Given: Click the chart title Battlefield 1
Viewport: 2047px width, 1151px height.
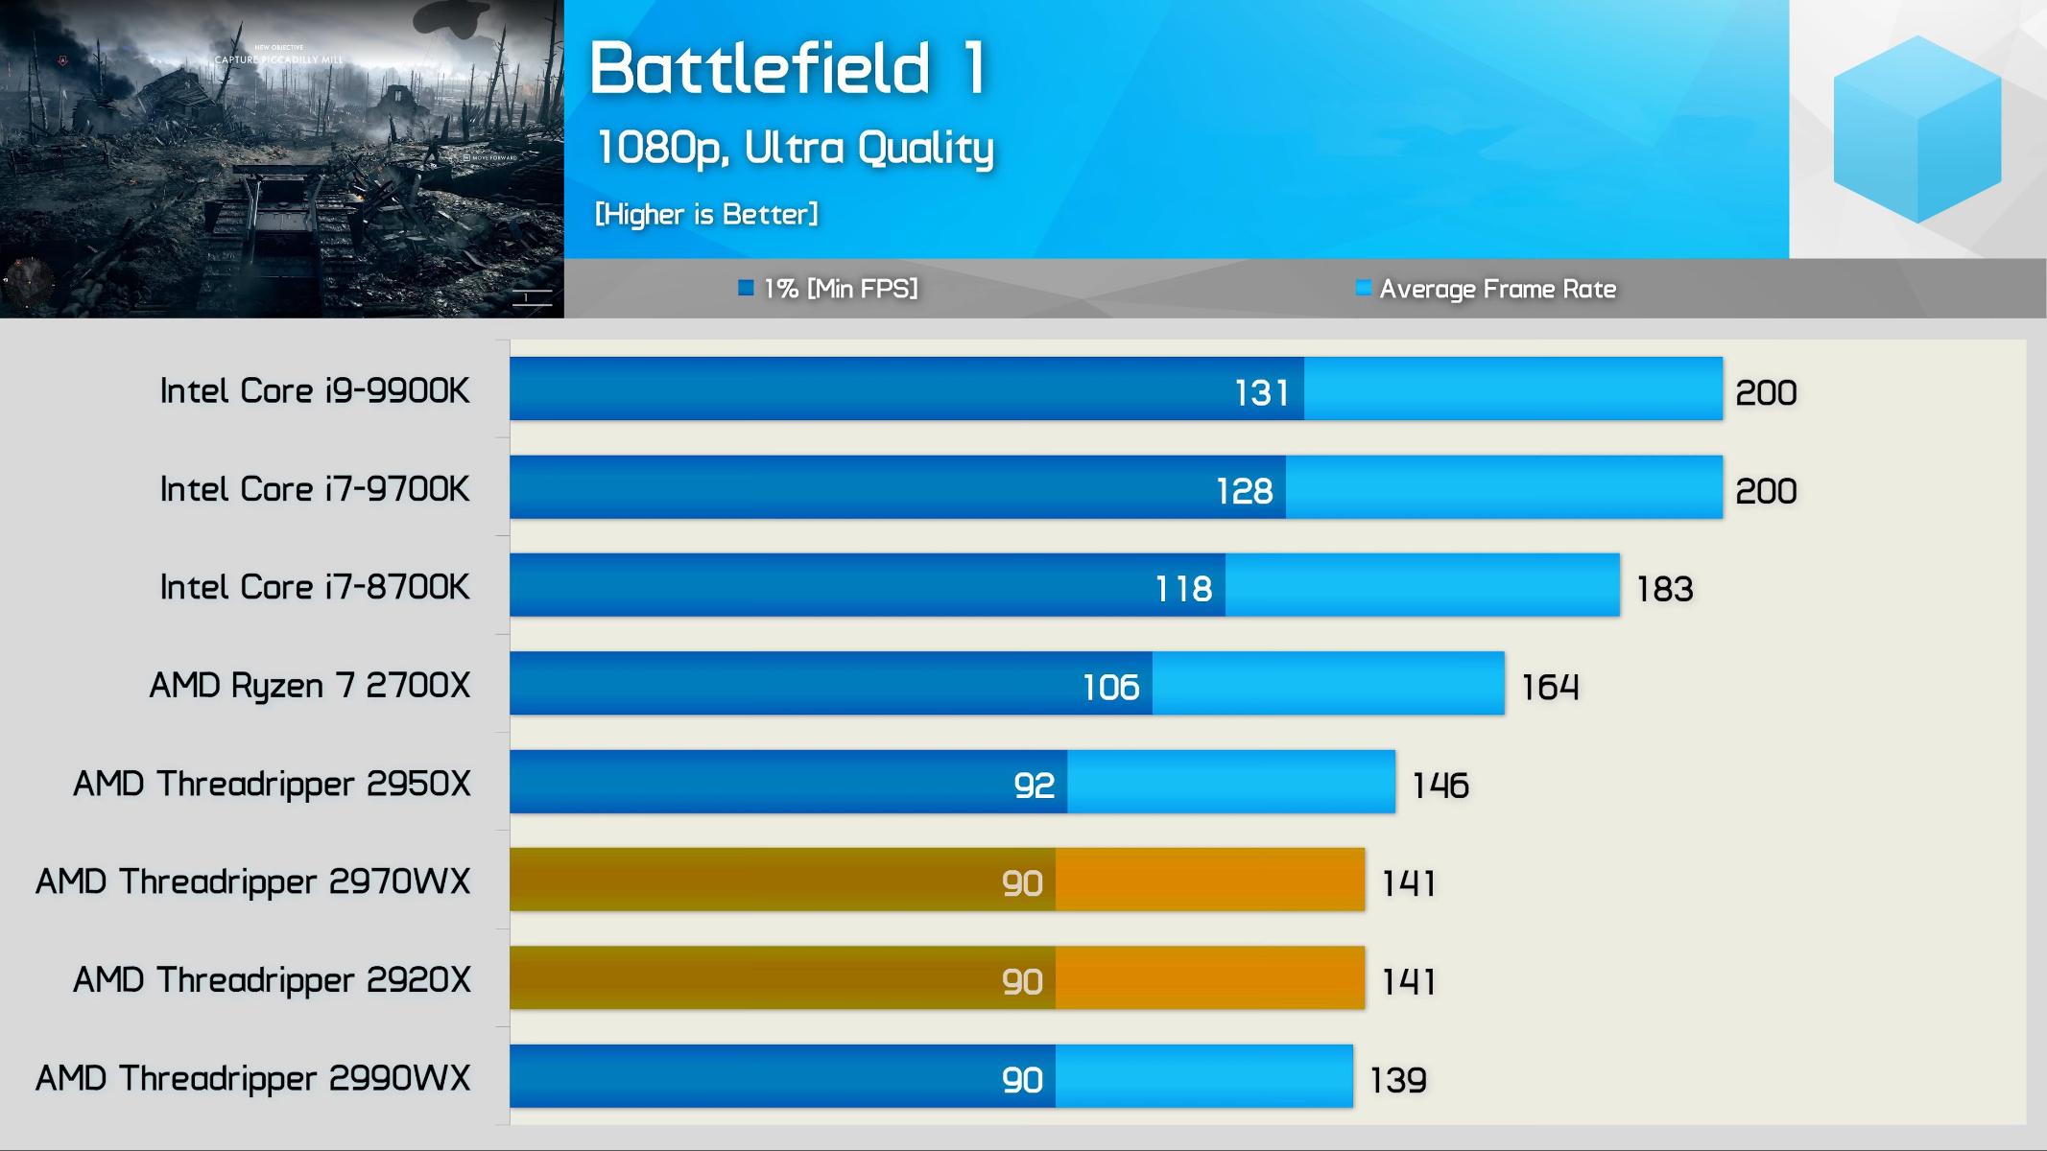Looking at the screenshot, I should click(x=788, y=68).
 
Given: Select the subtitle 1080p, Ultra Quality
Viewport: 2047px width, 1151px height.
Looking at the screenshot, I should click(x=795, y=148).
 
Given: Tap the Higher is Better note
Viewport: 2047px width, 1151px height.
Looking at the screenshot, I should click(x=706, y=214).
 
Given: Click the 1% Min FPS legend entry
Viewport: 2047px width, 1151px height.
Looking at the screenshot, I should click(x=828, y=289).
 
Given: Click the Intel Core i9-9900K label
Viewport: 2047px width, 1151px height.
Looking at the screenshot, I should click(x=315, y=391).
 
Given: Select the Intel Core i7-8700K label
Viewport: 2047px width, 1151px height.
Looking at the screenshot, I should click(x=315, y=587).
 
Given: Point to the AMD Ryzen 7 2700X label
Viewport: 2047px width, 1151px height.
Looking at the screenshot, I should click(x=310, y=686).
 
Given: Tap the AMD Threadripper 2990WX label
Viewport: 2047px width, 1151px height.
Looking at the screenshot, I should click(x=253, y=1078).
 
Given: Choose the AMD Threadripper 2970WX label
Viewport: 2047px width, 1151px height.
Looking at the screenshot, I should click(x=253, y=881).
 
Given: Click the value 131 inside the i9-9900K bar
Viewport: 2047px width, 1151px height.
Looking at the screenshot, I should click(x=1261, y=393).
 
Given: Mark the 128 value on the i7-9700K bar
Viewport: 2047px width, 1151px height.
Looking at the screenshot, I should click(x=1244, y=491).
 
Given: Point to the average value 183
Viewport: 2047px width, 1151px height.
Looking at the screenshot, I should click(x=1664, y=589).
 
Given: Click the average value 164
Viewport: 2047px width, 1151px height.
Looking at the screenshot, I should click(x=1550, y=687).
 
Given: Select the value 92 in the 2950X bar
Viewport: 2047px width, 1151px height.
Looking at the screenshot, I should click(x=1034, y=786).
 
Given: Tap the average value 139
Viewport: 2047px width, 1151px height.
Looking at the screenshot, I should click(x=1397, y=1080).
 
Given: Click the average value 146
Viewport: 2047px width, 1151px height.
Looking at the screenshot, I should click(x=1440, y=786).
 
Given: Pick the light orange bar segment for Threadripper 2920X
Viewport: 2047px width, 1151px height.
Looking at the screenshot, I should click(x=1209, y=977).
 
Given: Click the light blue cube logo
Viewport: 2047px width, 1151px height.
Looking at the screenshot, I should click(x=1916, y=129).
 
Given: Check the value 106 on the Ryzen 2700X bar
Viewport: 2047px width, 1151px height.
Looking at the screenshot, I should click(x=1110, y=687).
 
